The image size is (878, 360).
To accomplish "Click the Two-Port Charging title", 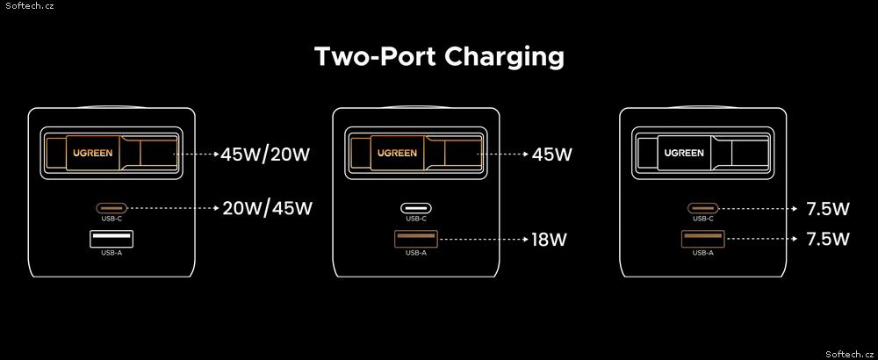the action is point(439,57).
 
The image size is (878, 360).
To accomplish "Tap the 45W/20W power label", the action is point(265,154).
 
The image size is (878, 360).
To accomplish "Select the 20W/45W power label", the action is point(267,208).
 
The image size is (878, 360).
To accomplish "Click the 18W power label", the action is point(550,240).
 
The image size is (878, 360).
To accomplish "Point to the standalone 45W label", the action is point(552,154).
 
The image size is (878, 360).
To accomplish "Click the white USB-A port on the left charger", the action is point(112,239).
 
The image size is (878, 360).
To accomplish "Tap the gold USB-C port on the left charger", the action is point(112,208).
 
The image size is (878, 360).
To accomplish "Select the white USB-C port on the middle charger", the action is point(416,208).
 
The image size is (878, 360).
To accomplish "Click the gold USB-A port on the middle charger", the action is point(416,239).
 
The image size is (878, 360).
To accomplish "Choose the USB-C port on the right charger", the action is point(702,208).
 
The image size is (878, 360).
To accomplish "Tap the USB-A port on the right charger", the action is point(702,239).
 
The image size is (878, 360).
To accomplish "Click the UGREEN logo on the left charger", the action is point(92,152).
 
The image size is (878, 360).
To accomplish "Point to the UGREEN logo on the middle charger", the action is point(397,152).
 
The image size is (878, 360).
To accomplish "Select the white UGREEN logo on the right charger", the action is point(684,152).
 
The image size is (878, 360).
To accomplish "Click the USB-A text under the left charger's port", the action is point(112,253).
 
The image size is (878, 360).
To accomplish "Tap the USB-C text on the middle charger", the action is point(416,219).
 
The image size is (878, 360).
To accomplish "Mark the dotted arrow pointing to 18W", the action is point(484,240).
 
